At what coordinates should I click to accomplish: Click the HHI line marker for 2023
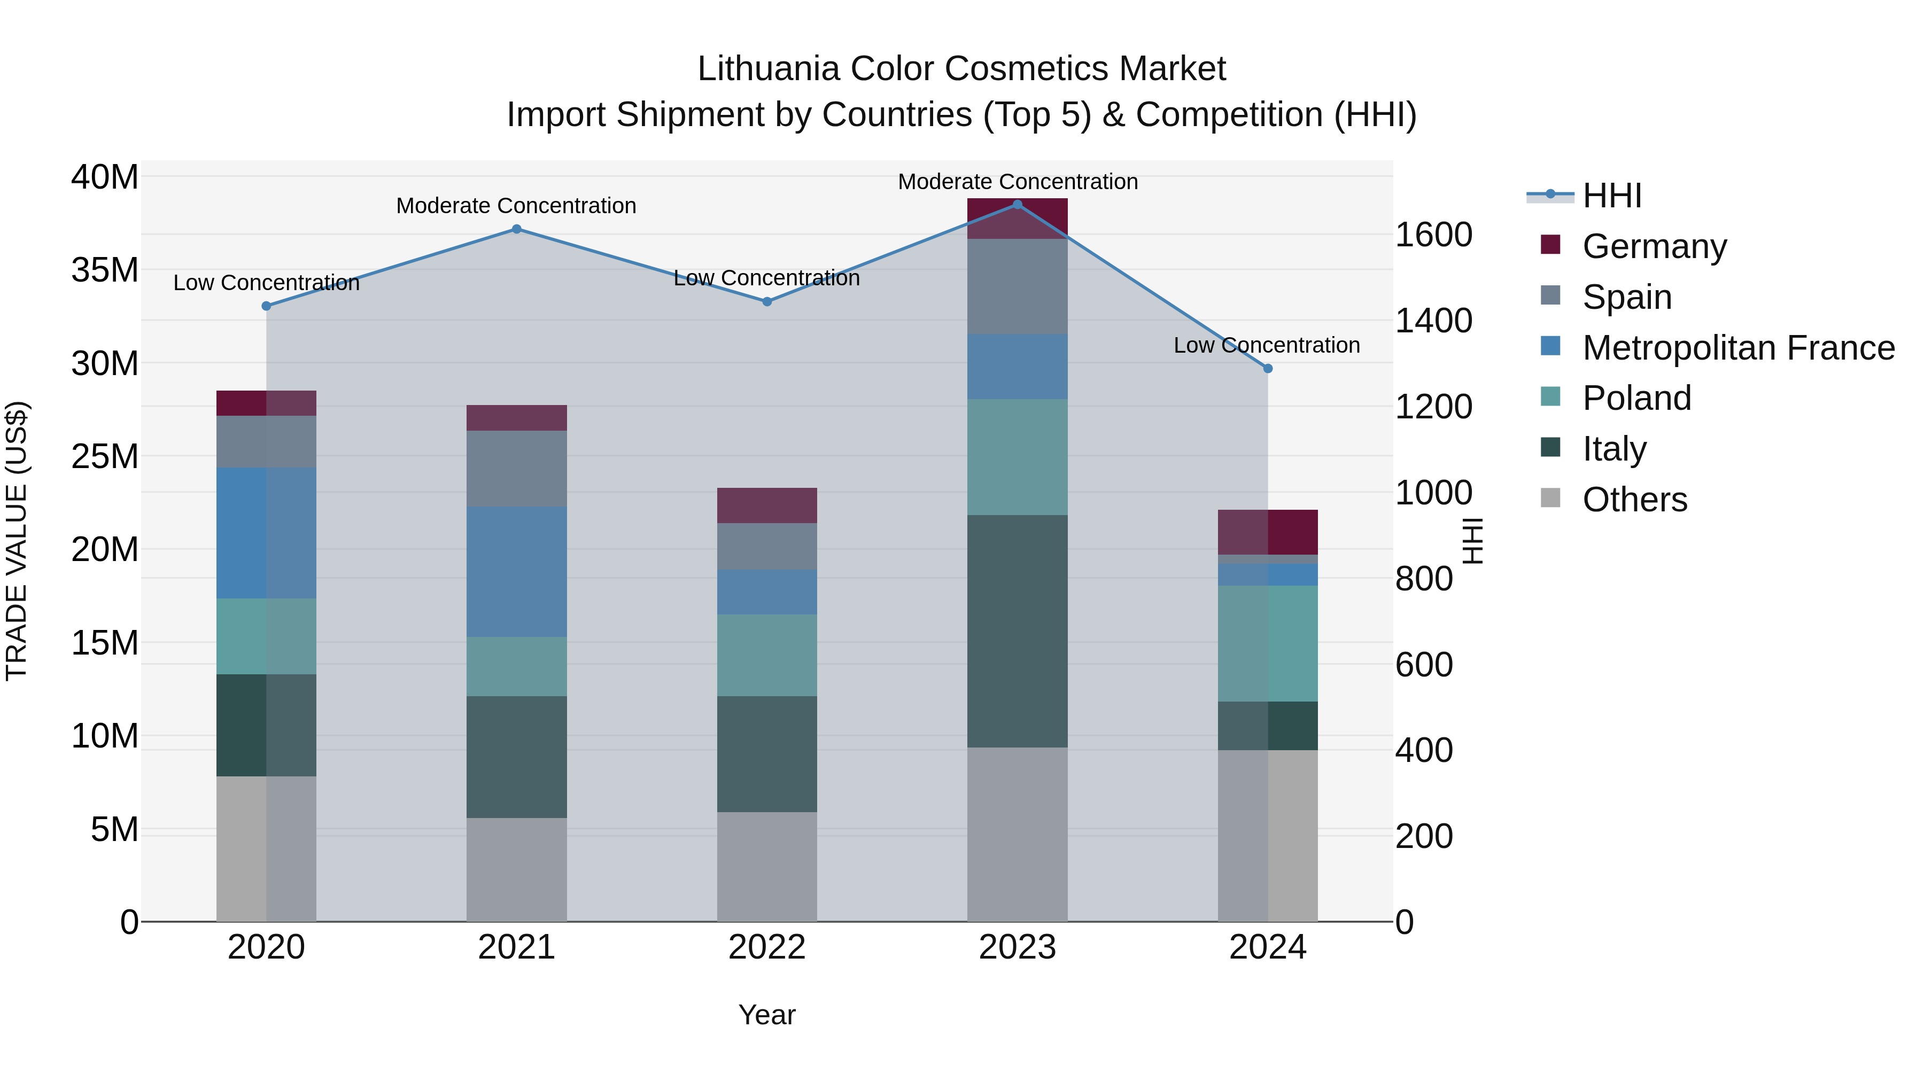(x=1017, y=204)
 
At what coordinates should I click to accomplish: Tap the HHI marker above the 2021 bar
(x=516, y=229)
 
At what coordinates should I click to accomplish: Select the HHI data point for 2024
(x=1268, y=368)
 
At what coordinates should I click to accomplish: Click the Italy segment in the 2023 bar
(x=1017, y=631)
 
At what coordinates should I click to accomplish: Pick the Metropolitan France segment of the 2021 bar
(x=516, y=571)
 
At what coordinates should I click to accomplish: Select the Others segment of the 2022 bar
(x=766, y=866)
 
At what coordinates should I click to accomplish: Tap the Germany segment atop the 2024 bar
(x=1268, y=532)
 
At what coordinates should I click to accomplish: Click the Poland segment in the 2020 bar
(x=266, y=636)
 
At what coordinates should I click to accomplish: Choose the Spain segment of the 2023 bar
(x=1017, y=286)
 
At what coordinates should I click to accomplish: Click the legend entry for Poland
(x=1636, y=398)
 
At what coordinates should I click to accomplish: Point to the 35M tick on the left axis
(x=105, y=270)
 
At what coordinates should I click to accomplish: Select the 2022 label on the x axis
(x=766, y=947)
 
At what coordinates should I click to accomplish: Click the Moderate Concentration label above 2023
(x=1017, y=182)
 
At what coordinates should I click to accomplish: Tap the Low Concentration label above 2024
(x=1266, y=345)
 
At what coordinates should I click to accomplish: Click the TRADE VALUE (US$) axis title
(x=17, y=541)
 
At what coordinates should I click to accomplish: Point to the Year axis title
(x=766, y=1015)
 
